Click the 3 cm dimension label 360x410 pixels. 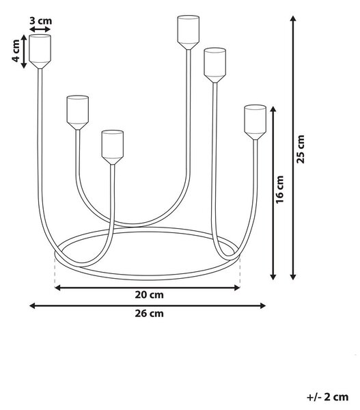tap(40, 20)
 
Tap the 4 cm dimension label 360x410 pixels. tap(16, 51)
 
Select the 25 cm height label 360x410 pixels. tap(301, 149)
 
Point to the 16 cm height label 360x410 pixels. tap(280, 189)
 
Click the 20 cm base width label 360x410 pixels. tap(150, 295)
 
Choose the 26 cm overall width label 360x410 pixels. tap(150, 313)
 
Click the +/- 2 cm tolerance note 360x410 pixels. tap(328, 397)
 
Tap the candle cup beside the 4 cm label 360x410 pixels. tap(40, 51)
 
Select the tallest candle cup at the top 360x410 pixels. tap(189, 32)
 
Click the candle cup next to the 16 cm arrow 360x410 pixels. tap(255, 122)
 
